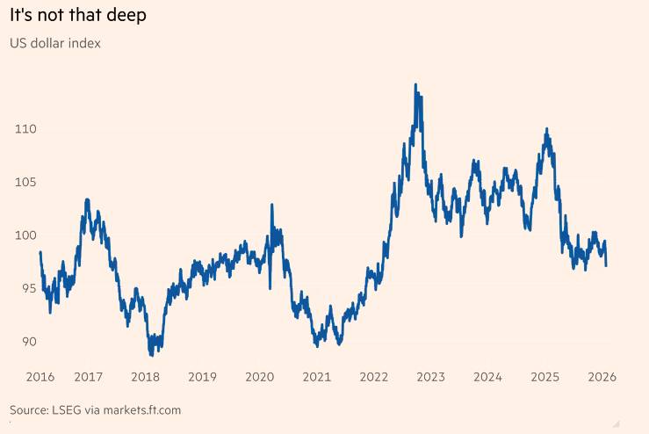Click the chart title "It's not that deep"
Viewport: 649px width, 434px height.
(78, 15)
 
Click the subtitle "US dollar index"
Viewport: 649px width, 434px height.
(55, 43)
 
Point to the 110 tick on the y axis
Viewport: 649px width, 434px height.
(25, 129)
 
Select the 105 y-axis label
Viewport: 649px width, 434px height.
(25, 182)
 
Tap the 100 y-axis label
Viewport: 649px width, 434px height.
(25, 235)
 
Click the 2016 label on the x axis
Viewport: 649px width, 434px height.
(40, 376)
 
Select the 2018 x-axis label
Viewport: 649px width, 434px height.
(145, 376)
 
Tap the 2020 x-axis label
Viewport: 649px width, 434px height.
(259, 376)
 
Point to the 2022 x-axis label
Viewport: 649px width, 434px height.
(374, 376)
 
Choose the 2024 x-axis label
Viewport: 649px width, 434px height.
(487, 376)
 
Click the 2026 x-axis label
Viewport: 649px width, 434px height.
(602, 376)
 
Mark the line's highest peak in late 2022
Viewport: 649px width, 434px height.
(415, 85)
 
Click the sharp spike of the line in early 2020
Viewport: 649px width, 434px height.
(271, 205)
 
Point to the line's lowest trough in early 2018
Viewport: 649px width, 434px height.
(151, 355)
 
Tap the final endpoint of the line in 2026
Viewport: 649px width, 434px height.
(606, 264)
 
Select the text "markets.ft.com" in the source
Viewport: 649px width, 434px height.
(140, 410)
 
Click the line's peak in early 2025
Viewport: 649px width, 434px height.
(547, 129)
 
